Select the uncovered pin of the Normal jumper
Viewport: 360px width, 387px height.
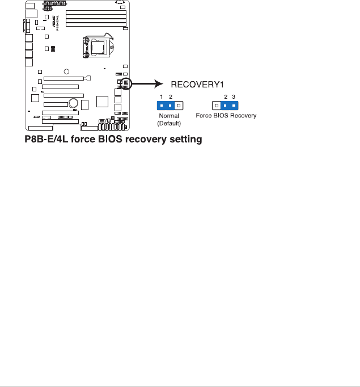(179, 106)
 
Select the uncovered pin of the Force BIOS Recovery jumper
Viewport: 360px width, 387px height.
(216, 106)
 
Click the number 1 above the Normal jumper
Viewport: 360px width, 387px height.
(162, 97)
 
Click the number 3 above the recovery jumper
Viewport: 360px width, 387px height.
(234, 97)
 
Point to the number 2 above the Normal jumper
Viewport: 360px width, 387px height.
(170, 97)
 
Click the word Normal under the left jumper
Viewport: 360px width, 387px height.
(169, 116)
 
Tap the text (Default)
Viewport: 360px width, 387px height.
(169, 123)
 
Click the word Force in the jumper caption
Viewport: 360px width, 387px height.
(204, 116)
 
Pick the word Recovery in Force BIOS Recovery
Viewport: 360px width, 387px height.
(244, 116)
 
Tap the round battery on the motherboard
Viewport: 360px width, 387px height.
(73, 103)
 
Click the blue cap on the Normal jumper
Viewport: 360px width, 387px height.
(166, 106)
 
